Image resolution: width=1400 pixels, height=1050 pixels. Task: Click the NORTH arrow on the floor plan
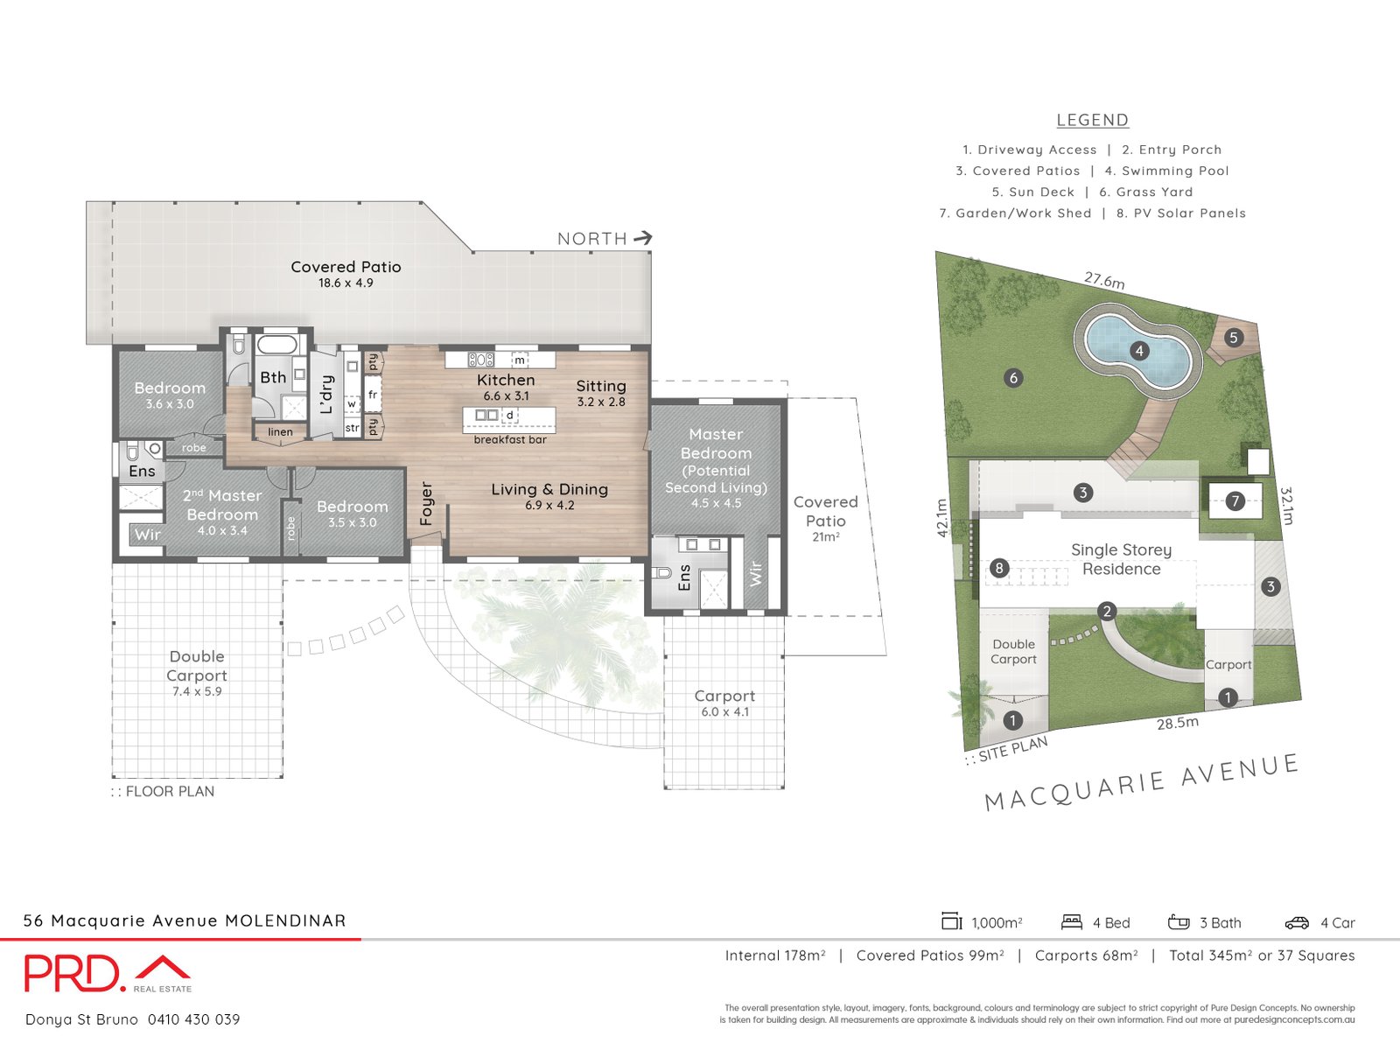click(x=643, y=238)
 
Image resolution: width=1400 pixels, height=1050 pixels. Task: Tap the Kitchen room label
click(x=506, y=380)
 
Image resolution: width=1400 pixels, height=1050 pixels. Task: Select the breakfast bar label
click(x=510, y=439)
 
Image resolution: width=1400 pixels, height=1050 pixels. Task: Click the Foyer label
click(x=427, y=503)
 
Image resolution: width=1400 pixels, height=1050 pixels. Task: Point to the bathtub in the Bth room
click(x=278, y=343)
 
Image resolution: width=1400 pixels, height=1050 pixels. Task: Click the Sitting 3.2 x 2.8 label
click(x=601, y=392)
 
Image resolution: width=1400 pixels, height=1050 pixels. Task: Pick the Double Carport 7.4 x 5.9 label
click(x=197, y=672)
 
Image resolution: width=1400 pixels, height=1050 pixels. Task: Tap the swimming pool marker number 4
click(x=1139, y=351)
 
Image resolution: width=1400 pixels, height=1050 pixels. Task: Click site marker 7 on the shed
click(x=1235, y=500)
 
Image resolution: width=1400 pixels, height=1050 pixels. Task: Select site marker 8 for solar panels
click(x=999, y=569)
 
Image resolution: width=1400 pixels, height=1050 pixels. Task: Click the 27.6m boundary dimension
click(x=1104, y=281)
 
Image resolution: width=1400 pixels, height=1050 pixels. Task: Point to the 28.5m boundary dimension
click(x=1177, y=724)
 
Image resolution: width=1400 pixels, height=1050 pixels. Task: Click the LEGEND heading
click(x=1092, y=120)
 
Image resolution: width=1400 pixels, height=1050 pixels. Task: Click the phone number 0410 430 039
click(x=193, y=1019)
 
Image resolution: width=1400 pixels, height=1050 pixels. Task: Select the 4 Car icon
click(x=1297, y=922)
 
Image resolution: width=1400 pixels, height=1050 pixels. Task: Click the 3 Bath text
click(x=1220, y=922)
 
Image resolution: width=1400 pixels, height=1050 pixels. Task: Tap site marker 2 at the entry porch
click(x=1107, y=612)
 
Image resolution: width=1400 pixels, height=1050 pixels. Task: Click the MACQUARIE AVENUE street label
click(x=1142, y=782)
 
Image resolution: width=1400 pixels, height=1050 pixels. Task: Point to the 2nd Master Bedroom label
click(x=222, y=506)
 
